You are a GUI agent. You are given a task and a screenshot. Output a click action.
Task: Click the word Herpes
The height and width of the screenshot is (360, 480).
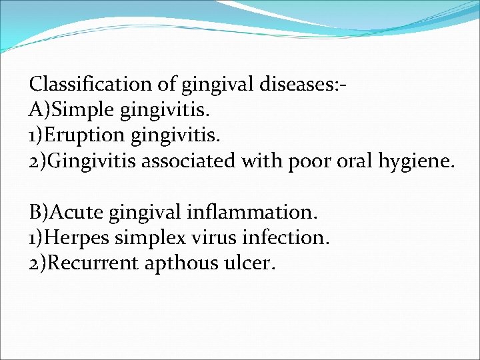[x=81, y=238]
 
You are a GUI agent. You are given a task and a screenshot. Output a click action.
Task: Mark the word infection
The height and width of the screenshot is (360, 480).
[x=286, y=238]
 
